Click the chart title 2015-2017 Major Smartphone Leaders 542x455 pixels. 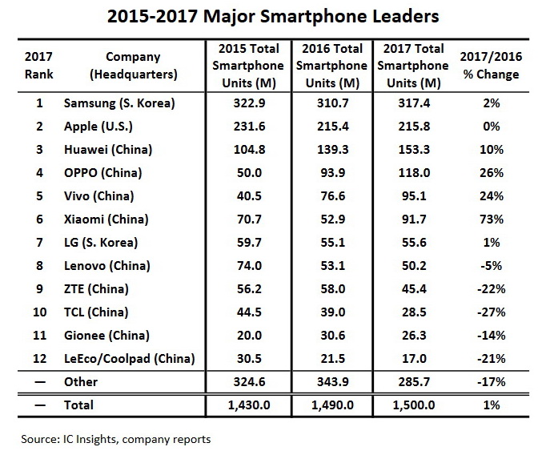point(270,17)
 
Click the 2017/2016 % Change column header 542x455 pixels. point(491,66)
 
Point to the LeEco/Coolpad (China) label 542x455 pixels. point(128,358)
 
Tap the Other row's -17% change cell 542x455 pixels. point(491,382)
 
